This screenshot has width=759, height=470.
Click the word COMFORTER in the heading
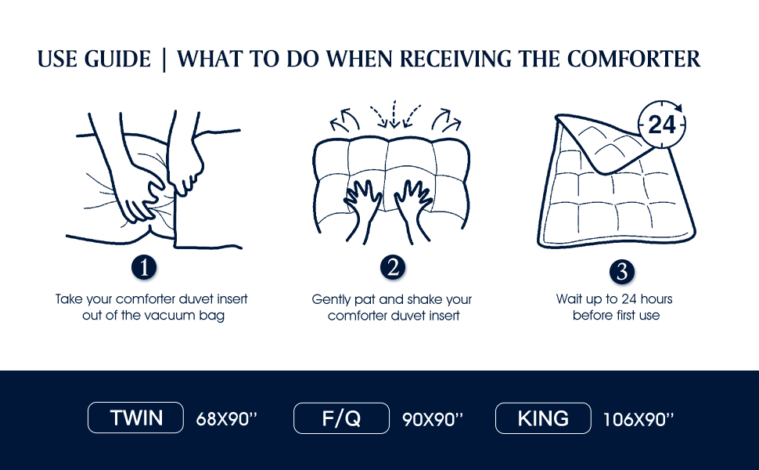[x=634, y=59]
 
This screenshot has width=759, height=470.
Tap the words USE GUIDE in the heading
[x=95, y=59]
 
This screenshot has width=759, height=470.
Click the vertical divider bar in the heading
[x=164, y=60]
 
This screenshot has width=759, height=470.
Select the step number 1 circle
[x=144, y=267]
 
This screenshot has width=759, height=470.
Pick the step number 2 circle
[x=393, y=267]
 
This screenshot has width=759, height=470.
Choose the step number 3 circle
[x=622, y=271]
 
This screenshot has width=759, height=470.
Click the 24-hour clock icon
[x=662, y=125]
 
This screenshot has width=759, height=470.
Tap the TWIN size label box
[x=135, y=418]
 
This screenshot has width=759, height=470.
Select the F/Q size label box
[x=341, y=418]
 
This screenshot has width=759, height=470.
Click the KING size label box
[x=543, y=418]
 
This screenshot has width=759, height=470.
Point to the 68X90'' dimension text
[x=226, y=419]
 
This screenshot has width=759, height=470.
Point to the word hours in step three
[x=656, y=299]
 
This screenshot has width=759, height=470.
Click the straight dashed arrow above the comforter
[x=394, y=114]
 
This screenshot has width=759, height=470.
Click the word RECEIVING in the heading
[x=455, y=59]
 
